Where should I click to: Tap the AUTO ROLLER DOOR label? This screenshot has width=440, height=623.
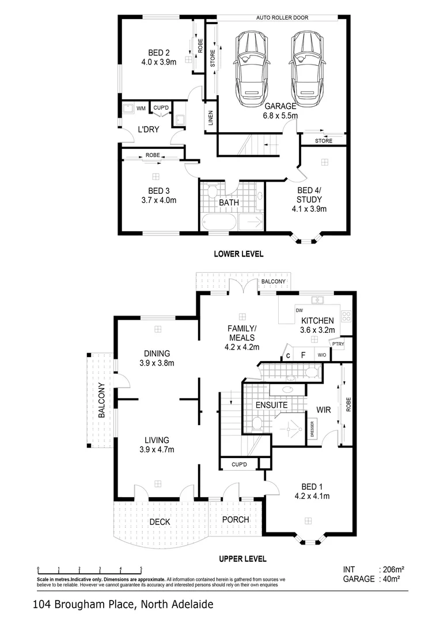pos(282,18)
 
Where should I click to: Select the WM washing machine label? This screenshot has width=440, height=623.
pos(141,108)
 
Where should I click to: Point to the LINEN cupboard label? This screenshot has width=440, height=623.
pos(210,118)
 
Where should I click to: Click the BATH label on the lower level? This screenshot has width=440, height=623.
pos(229,203)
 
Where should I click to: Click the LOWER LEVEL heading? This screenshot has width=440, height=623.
pos(238,254)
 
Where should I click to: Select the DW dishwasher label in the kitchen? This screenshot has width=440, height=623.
pos(299,310)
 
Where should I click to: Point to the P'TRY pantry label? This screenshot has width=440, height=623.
pos(338,344)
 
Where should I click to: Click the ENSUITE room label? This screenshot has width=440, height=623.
pos(271,405)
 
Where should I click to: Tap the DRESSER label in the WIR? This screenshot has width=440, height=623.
pos(312,430)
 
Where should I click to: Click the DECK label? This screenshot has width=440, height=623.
pos(159,522)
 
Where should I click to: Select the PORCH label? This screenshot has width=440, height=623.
pos(236,519)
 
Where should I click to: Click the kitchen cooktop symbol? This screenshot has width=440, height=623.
pos(346,316)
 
